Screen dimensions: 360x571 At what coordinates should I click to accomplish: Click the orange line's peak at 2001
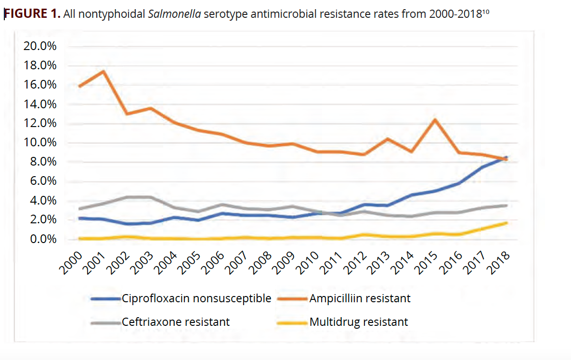point(103,72)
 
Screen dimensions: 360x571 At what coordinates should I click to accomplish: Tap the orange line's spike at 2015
point(435,119)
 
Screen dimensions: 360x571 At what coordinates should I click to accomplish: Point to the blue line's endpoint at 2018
point(506,157)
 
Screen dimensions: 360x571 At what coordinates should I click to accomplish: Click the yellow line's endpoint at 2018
point(506,223)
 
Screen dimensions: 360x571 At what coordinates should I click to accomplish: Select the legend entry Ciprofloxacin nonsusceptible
point(196,298)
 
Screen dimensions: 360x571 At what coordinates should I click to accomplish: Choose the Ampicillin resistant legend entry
point(360,298)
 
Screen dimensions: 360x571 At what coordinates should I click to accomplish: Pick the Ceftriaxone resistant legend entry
point(176,321)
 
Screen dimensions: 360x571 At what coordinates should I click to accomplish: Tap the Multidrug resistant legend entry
point(359,321)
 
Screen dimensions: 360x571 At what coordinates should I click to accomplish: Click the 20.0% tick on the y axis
point(39,47)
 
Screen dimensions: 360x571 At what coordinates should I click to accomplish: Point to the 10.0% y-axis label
point(39,143)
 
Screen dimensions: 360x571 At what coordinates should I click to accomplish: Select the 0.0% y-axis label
point(42,239)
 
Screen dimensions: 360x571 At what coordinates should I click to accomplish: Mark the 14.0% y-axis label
point(39,104)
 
